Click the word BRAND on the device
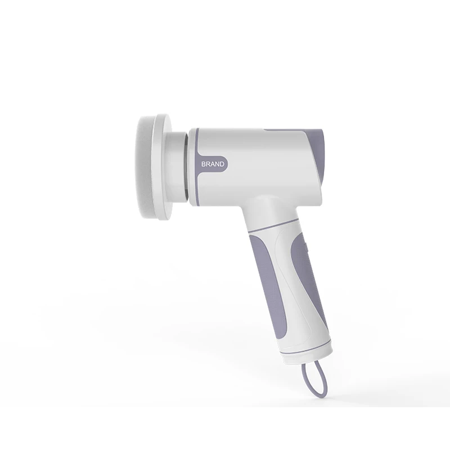coord(213,164)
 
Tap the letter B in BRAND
coord(204,164)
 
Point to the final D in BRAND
coord(222,164)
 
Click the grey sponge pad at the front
coord(143,166)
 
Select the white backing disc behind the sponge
coord(163,167)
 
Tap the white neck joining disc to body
coord(177,167)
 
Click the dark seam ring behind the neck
coord(187,167)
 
